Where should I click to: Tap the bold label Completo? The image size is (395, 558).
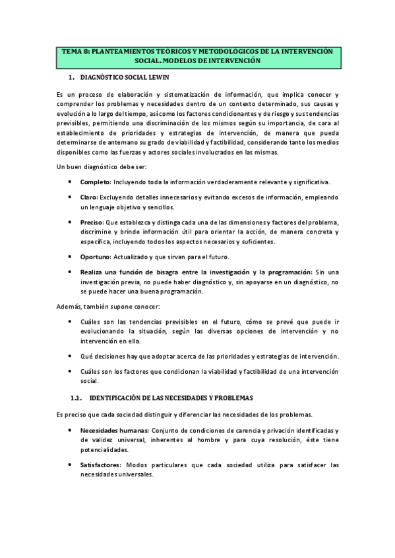click(95, 182)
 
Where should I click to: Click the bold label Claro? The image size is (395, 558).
click(89, 197)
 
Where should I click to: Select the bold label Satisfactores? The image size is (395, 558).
click(101, 465)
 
